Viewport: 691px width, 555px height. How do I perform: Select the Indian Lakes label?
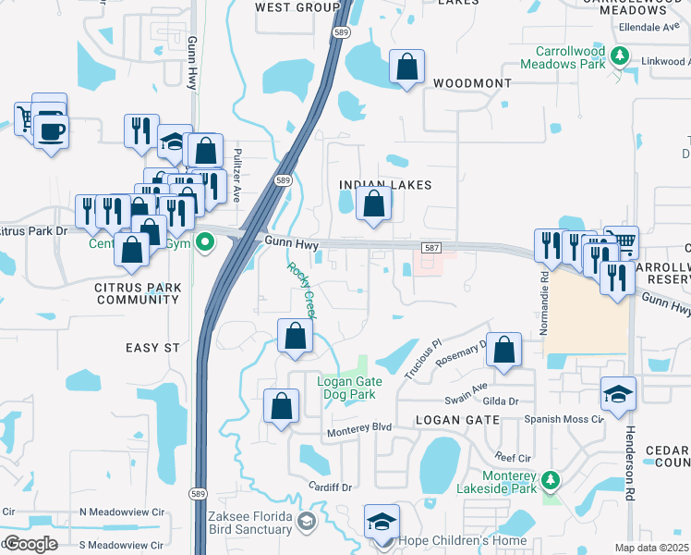pos(385,185)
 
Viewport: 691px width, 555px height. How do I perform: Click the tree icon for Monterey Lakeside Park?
pos(551,480)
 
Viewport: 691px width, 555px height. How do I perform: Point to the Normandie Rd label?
pos(544,289)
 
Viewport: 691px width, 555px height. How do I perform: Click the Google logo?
pos(30,544)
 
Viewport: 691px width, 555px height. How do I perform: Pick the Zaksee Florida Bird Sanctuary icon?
pos(306,524)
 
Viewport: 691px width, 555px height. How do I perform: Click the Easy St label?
pos(152,347)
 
